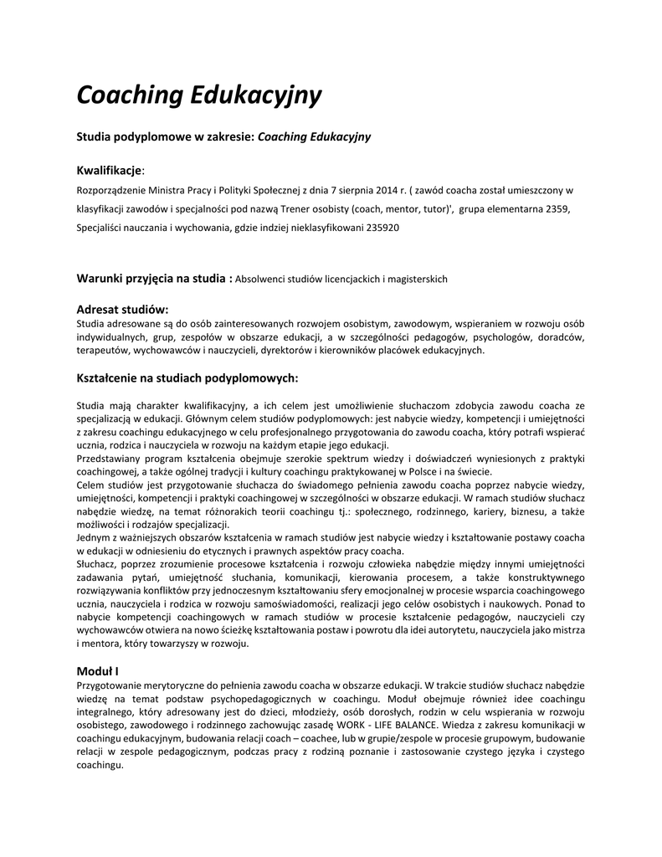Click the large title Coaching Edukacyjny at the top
(198, 95)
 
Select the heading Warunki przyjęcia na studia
(153, 278)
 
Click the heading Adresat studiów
(122, 309)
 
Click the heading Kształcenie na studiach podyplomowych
(187, 378)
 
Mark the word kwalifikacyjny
(206, 404)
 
